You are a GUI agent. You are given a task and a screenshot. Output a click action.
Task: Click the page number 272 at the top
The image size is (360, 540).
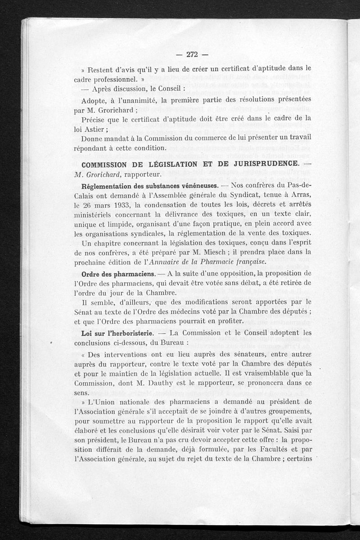coord(192,55)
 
